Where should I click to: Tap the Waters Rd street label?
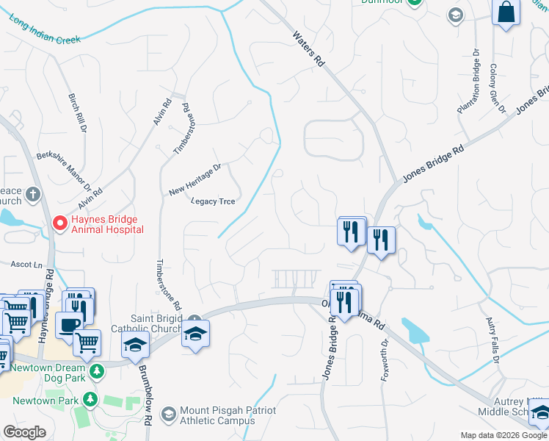coord(308,50)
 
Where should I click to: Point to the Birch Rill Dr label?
coord(77,112)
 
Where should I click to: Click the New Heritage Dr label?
coord(194,180)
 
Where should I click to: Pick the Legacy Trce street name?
coord(213,201)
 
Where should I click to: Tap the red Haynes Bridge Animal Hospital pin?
coord(60,222)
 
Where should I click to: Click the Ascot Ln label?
coord(27,263)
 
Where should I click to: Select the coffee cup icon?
coord(69,325)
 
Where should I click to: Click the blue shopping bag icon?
coord(506,12)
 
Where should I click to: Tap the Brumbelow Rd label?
coord(148,397)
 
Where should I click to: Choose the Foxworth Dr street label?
coord(383,363)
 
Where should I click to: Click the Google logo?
coord(25,432)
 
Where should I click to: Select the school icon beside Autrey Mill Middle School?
coord(539,412)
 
